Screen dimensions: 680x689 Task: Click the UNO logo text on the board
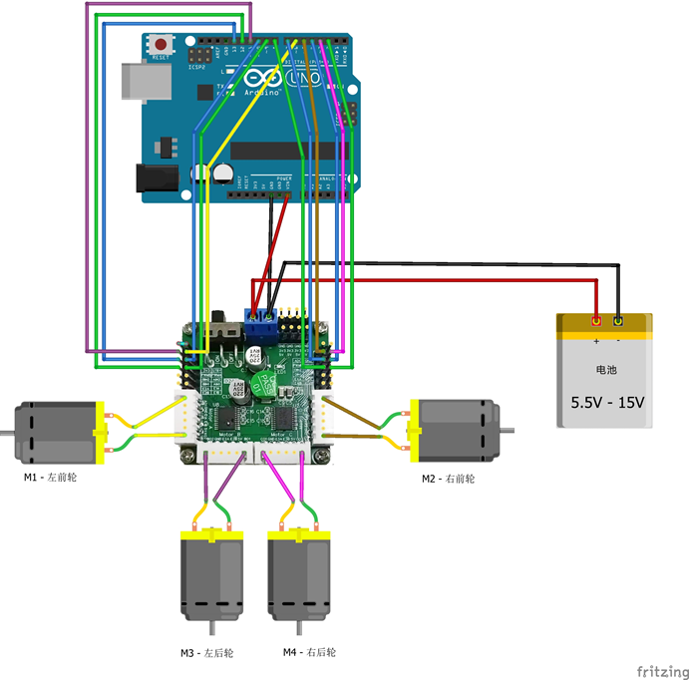(304, 78)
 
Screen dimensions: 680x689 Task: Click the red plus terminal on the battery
(596, 321)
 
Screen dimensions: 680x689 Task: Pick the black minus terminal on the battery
(618, 321)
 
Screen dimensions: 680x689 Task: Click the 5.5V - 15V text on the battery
(607, 403)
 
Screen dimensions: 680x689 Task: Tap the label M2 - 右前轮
(448, 479)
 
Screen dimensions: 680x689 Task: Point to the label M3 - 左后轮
(206, 653)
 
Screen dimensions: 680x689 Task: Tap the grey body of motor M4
(299, 577)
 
